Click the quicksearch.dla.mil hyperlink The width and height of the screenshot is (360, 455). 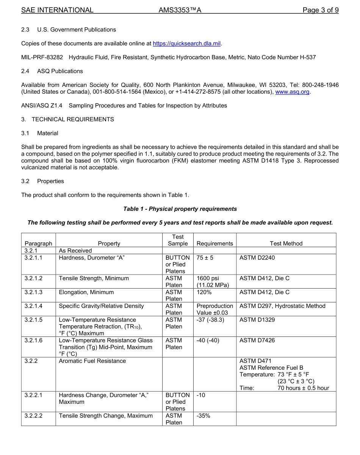(x=186, y=44)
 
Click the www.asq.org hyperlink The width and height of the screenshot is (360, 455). (x=292, y=92)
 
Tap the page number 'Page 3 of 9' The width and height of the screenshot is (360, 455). (x=320, y=10)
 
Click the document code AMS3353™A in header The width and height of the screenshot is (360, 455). (x=180, y=10)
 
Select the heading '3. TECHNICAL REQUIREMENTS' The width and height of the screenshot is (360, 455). (x=67, y=119)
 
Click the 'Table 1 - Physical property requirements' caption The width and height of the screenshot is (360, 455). (x=180, y=209)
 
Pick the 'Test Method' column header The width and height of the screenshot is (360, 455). (x=286, y=243)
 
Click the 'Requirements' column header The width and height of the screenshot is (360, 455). (x=214, y=243)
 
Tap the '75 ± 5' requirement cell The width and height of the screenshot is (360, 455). (x=205, y=258)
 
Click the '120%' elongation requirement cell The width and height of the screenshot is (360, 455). (x=204, y=292)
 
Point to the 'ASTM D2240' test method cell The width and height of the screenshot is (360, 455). (x=257, y=258)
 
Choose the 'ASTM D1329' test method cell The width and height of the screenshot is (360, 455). (x=257, y=320)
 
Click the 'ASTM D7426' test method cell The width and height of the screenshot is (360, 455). (x=257, y=340)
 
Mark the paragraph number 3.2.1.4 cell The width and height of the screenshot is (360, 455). (x=33, y=306)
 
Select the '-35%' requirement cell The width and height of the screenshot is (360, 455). (x=203, y=416)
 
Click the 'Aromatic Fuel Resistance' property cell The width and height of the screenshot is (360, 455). (x=92, y=361)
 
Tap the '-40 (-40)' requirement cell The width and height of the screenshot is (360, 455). (x=208, y=340)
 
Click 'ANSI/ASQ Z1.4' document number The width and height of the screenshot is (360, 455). (x=42, y=105)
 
